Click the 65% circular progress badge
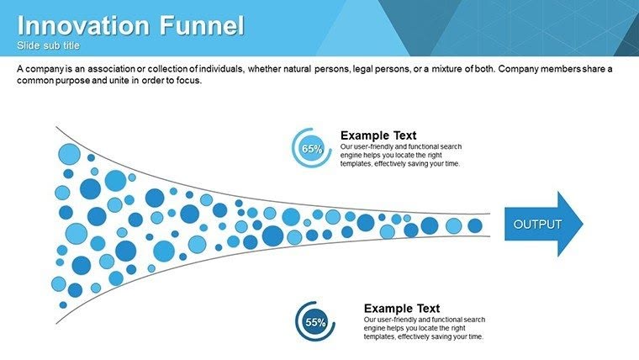coord(312,149)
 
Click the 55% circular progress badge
coord(315,322)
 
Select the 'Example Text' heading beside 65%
coord(378,135)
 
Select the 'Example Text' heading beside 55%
coord(401,309)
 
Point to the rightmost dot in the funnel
coord(475,225)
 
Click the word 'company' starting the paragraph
coord(43,68)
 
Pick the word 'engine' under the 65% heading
coord(351,155)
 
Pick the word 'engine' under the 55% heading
coord(375,328)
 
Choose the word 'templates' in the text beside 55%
coord(380,336)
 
